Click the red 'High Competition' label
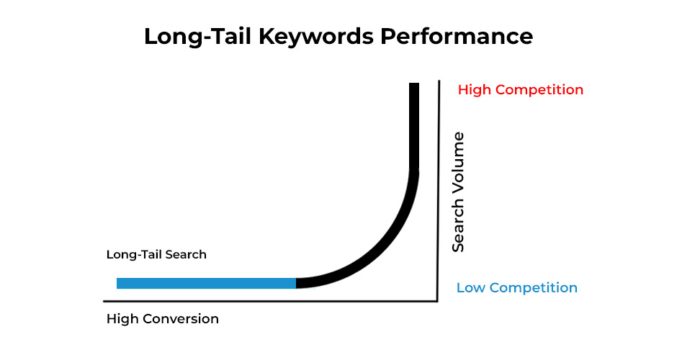[x=520, y=90]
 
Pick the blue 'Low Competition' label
[x=516, y=288]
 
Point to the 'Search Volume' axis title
[x=458, y=192]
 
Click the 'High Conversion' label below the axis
[x=162, y=318]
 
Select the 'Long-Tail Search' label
[x=156, y=254]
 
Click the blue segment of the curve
[x=206, y=283]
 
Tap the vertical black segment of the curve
[x=414, y=126]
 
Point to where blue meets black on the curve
[x=296, y=283]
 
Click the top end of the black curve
[x=414, y=85]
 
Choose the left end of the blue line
[x=119, y=283]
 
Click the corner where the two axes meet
[x=437, y=300]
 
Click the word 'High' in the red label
[x=473, y=90]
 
